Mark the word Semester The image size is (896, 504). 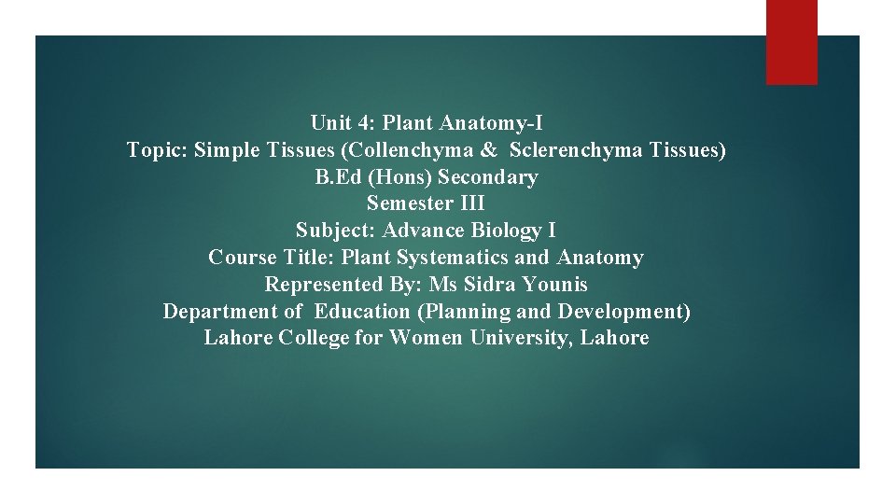pyautogui.click(x=410, y=203)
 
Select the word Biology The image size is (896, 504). pyautogui.click(x=504, y=231)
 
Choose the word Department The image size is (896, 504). pyautogui.click(x=220, y=312)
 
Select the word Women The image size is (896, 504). pyautogui.click(x=425, y=338)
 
